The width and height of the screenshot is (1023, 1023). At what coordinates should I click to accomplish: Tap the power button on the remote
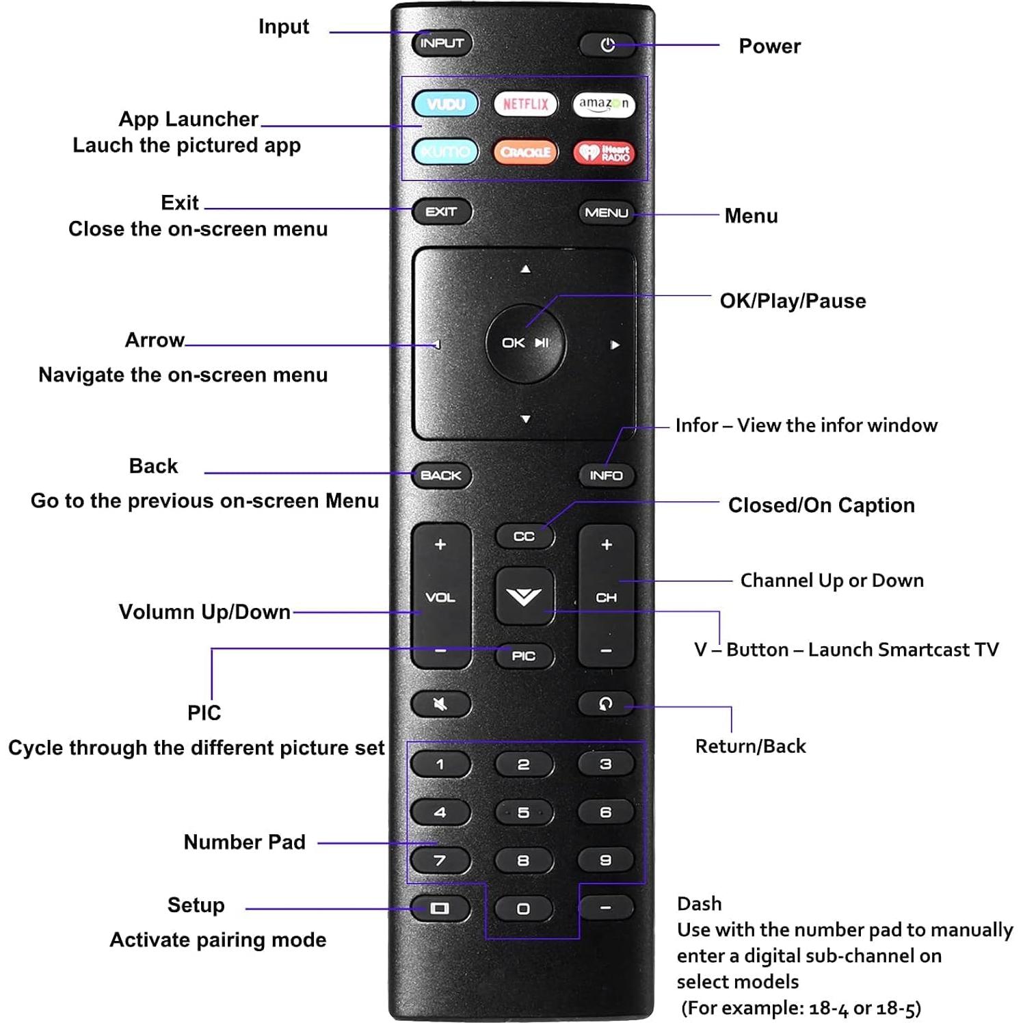click(607, 45)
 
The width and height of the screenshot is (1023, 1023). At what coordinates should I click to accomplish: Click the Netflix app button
click(525, 104)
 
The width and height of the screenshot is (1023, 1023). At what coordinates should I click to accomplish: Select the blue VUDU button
click(445, 104)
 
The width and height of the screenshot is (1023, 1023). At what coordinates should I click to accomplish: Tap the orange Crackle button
click(525, 152)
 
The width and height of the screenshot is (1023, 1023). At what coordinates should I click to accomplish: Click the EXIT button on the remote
click(442, 212)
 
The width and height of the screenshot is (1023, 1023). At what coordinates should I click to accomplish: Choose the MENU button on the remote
click(606, 213)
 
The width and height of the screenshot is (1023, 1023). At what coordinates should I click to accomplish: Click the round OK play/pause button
click(525, 343)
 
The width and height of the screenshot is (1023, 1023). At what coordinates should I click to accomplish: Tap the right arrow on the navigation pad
click(615, 345)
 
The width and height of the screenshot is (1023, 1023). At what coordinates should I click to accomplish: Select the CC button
click(524, 537)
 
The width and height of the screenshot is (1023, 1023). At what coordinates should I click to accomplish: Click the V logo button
click(524, 596)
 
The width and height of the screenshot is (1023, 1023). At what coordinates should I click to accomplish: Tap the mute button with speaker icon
click(440, 704)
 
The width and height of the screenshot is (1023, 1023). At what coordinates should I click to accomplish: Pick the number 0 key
click(523, 909)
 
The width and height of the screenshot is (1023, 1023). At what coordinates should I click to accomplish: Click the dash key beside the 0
click(606, 908)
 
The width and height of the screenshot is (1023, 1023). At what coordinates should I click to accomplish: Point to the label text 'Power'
click(769, 46)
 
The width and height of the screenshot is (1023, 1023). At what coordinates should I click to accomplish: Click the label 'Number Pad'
click(244, 842)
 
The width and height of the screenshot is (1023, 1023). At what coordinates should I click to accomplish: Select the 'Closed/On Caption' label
click(821, 505)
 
